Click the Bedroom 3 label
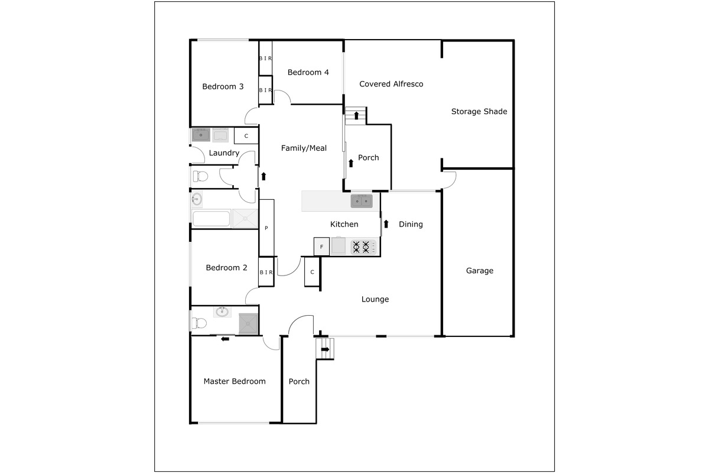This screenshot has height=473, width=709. click(223, 86)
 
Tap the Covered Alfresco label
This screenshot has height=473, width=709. click(391, 84)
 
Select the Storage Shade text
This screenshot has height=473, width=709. click(479, 112)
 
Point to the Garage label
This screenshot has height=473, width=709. click(480, 271)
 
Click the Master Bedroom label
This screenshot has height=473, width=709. click(235, 381)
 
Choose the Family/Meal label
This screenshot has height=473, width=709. click(304, 148)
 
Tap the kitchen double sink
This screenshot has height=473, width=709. click(362, 201)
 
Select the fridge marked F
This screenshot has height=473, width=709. click(321, 247)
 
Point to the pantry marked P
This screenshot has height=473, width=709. click(266, 228)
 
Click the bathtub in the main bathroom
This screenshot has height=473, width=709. click(211, 219)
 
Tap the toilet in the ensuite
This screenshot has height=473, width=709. click(199, 323)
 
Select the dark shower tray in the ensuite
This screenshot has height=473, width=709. click(249, 323)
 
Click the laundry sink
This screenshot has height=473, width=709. click(201, 135)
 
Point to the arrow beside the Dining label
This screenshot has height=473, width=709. click(386, 224)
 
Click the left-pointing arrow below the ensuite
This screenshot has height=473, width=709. click(225, 339)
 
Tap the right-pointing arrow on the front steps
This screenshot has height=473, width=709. click(326, 349)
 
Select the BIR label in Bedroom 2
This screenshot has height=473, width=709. click(266, 273)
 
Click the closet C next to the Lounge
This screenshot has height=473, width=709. click(312, 272)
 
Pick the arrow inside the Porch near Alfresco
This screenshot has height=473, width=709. click(351, 163)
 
